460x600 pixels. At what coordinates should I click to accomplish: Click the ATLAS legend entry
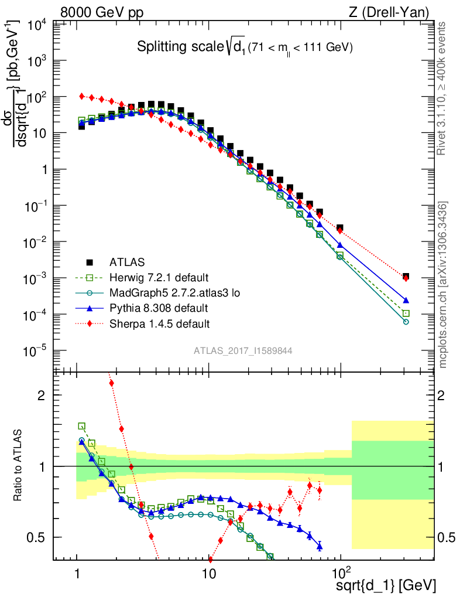click(x=126, y=261)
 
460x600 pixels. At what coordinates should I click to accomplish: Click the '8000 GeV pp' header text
click(x=102, y=12)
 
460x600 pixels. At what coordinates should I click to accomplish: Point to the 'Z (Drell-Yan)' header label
click(x=393, y=12)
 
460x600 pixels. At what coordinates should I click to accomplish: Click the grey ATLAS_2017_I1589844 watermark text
click(x=243, y=350)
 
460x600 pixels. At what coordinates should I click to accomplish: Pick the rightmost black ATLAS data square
click(x=406, y=276)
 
